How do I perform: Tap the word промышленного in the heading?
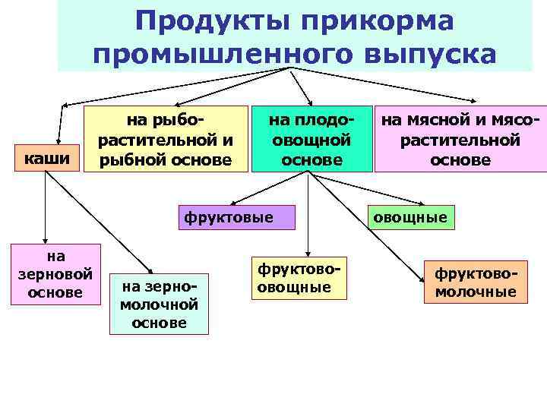(x=223, y=55)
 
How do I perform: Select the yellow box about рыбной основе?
(x=166, y=140)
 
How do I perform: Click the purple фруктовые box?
(x=236, y=216)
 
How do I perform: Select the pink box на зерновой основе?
(x=55, y=273)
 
